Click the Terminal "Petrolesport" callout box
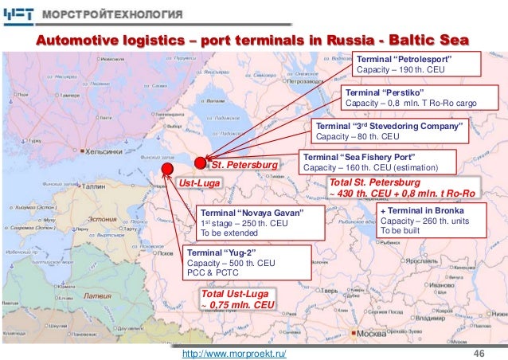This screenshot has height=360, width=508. [x=415, y=65]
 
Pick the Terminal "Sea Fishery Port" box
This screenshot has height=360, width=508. [x=371, y=162]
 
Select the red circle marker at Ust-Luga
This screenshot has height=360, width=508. [x=168, y=169]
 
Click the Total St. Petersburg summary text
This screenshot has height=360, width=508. [x=401, y=188]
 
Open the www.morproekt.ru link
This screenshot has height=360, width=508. [x=235, y=351]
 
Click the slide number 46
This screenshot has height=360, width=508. [x=479, y=351]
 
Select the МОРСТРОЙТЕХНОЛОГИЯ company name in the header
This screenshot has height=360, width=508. [x=124, y=14]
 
